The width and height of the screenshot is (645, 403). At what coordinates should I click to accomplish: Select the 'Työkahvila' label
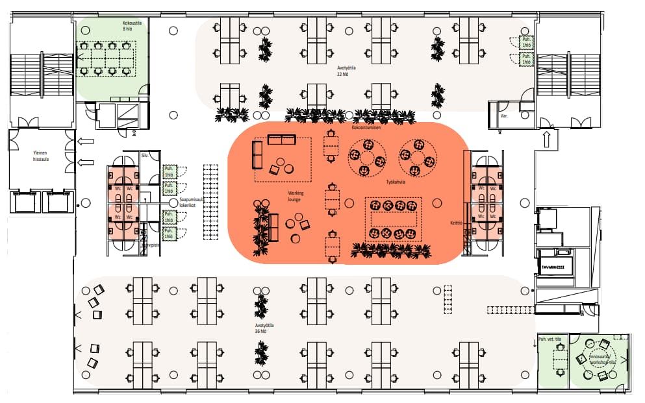395,182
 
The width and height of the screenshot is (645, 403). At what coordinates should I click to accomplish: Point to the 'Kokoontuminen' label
366,128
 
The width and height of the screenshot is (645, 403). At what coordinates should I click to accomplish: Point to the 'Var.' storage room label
503,117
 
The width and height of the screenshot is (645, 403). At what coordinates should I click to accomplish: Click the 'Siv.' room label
145,156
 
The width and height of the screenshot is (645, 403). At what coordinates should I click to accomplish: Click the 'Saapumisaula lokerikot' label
192,202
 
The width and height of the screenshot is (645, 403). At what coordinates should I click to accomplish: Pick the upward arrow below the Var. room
546,138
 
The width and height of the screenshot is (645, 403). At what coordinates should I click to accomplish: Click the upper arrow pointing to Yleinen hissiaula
86,141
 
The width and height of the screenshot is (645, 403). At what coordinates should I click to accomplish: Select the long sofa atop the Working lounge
282,140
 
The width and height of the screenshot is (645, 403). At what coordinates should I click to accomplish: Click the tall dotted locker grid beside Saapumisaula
211,202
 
